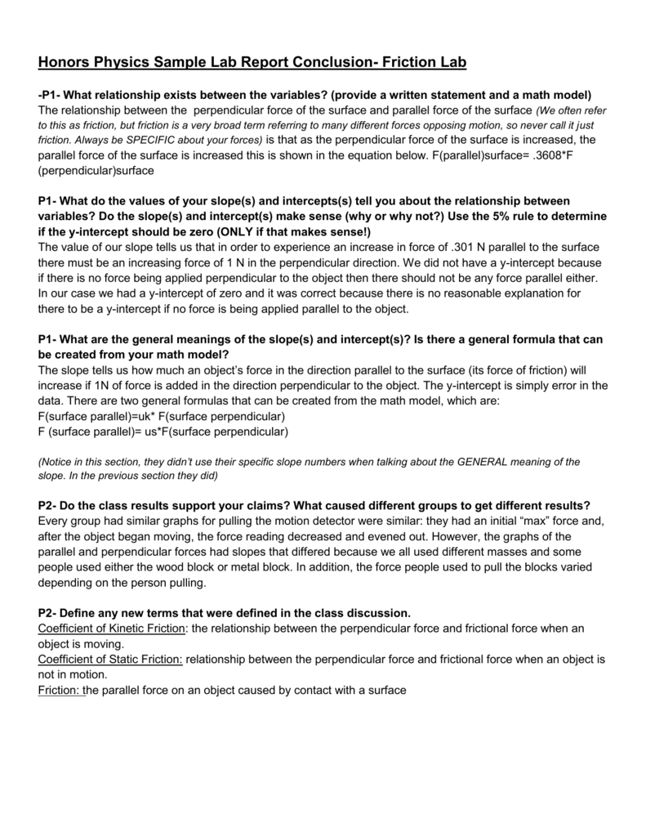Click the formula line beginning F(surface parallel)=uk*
162,416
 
